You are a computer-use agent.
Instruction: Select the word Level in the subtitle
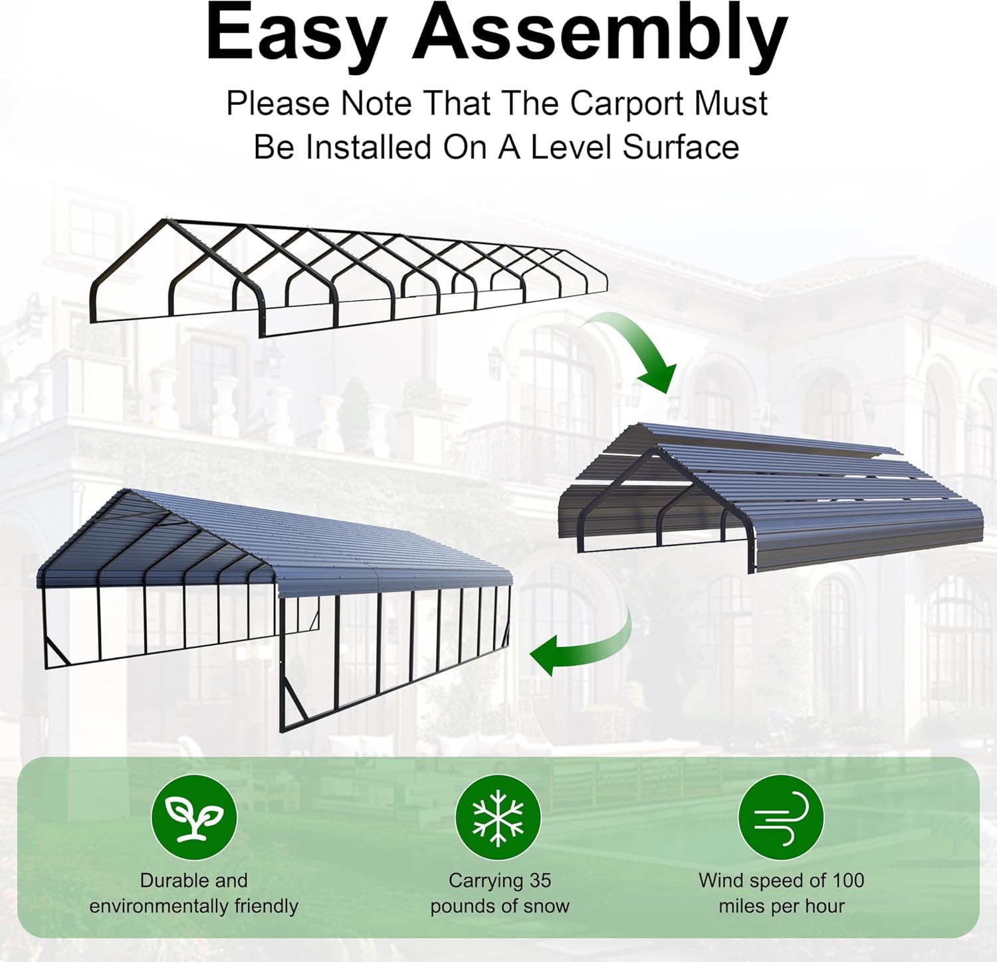569,147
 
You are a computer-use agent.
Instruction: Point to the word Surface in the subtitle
681,147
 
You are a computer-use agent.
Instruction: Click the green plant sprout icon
194,817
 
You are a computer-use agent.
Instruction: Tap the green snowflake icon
498,817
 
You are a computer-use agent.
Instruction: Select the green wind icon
781,817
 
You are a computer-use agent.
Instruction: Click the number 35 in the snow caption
540,880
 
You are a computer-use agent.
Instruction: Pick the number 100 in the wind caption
848,880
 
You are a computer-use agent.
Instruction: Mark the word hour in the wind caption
824,906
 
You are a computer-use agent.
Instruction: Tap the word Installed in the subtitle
368,147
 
